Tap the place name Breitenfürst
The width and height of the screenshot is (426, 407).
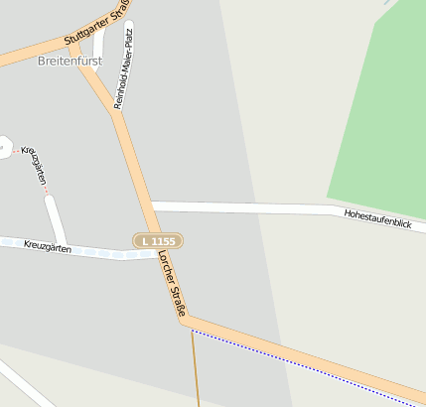69,61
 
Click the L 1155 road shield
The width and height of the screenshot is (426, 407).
158,241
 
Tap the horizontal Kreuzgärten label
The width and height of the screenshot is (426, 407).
48,246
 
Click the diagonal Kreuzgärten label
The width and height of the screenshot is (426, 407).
35,166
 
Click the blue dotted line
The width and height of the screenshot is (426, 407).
308,366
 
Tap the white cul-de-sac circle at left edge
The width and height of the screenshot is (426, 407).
3,148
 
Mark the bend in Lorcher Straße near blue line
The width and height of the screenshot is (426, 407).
187,320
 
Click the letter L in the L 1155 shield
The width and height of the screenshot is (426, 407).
145,241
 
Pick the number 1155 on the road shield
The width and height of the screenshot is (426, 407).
164,241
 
